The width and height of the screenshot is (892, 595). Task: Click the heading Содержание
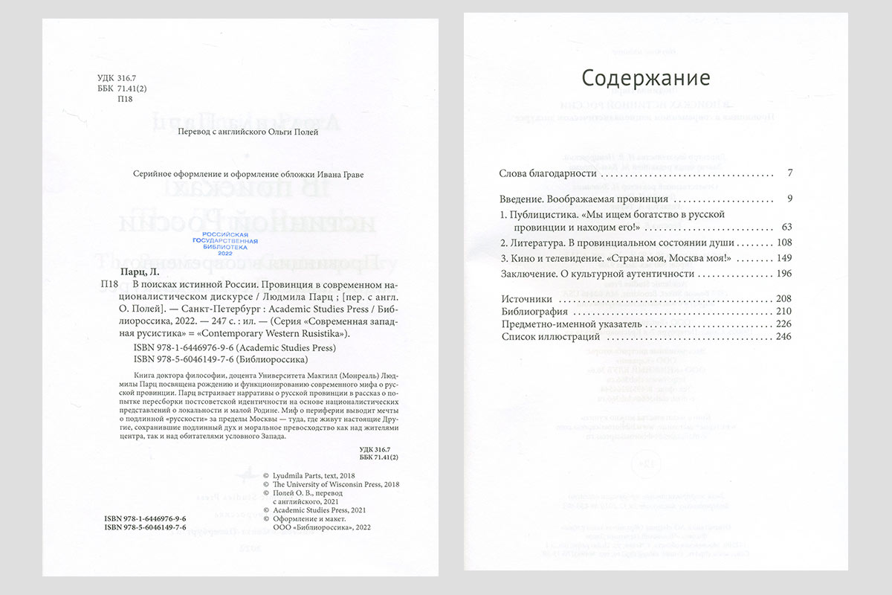[x=645, y=78]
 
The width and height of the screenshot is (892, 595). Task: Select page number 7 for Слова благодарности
[x=789, y=173]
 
